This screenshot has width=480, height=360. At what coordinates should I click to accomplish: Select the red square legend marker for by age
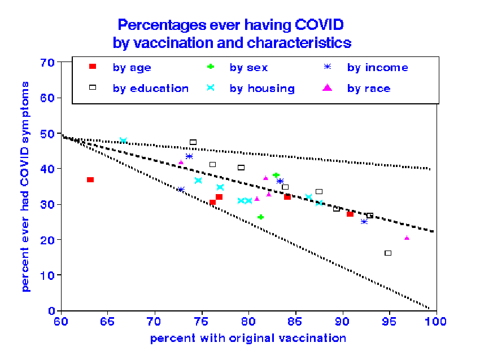tap(93, 67)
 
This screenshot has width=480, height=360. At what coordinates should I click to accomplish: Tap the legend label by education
tap(150, 89)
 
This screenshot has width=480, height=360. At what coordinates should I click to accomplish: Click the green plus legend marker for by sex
tap(210, 67)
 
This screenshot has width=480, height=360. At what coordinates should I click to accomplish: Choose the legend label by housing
tap(262, 89)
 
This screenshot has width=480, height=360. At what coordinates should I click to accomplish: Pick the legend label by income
tap(377, 68)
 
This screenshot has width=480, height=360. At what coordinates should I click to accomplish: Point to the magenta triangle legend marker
tap(328, 88)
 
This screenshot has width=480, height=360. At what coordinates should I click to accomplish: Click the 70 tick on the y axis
tap(48, 62)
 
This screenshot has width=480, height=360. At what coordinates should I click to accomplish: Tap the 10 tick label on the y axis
tap(48, 275)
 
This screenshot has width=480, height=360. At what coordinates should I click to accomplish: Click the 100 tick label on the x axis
tap(436, 322)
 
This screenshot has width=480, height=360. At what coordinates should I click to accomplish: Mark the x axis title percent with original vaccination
tap(248, 339)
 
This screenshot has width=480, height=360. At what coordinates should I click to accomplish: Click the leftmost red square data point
tap(90, 179)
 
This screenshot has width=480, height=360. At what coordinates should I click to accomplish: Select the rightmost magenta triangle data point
tap(407, 238)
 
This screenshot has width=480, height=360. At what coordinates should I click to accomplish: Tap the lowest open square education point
tap(388, 253)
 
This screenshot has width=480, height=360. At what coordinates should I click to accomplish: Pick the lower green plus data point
tap(260, 217)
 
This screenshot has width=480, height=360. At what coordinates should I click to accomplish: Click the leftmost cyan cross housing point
tap(123, 141)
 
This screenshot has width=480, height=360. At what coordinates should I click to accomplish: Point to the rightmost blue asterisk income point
tap(364, 221)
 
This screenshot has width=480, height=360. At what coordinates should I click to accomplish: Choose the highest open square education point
tap(193, 142)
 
